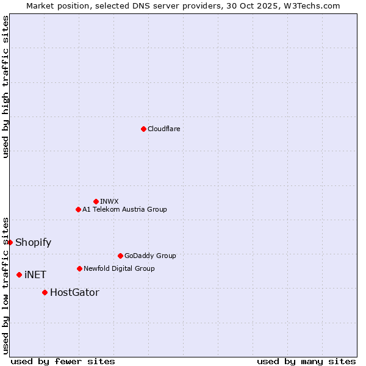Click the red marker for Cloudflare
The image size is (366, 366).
[x=143, y=129]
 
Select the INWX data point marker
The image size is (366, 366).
[x=96, y=201]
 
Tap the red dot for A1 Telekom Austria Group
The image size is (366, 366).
[x=78, y=209]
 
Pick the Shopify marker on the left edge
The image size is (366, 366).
[x=10, y=242]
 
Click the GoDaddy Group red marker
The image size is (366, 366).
[x=120, y=256]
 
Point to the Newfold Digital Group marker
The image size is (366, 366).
[x=79, y=268]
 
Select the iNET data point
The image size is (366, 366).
[x=19, y=274]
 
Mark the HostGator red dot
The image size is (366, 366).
[x=45, y=292]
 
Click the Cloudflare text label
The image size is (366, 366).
[x=163, y=129]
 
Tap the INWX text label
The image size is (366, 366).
[x=109, y=201]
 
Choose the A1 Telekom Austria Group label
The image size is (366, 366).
[x=124, y=209]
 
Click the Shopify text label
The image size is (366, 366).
[x=33, y=242]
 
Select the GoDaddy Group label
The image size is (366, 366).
[x=150, y=256]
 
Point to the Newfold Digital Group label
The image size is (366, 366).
[x=119, y=268]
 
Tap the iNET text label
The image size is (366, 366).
[x=35, y=274]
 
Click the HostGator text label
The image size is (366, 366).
[x=74, y=292]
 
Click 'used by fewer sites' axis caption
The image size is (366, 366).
[x=63, y=361]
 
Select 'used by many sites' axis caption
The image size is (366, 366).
[x=306, y=361]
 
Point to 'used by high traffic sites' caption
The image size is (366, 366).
[x=5, y=87]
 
